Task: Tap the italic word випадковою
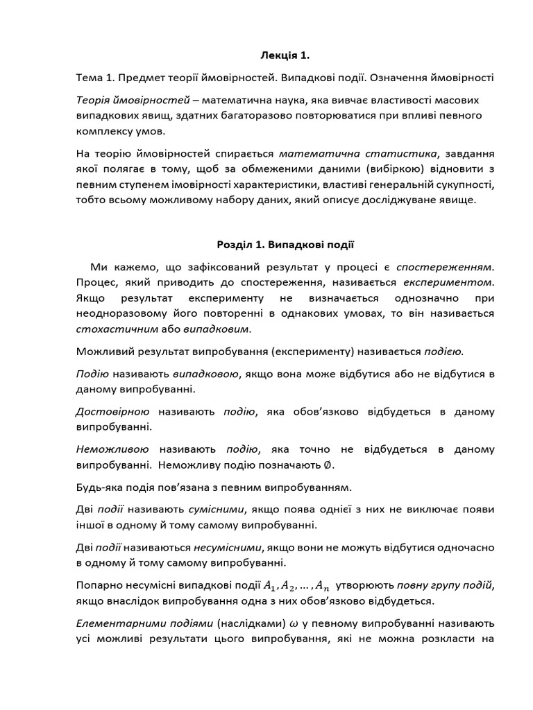pyautogui.click(x=206, y=374)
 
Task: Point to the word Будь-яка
pyautogui.click(x=96, y=487)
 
